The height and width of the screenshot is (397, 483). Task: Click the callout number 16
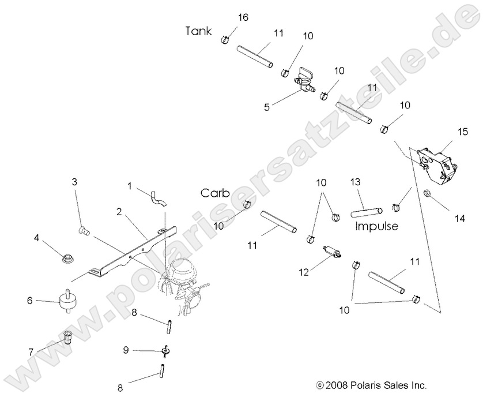243,17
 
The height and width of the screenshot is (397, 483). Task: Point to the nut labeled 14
428,193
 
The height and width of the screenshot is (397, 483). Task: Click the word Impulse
376,226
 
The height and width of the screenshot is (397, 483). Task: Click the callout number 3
74,182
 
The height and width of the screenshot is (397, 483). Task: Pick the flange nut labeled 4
67,257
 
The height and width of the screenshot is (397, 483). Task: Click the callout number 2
118,212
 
